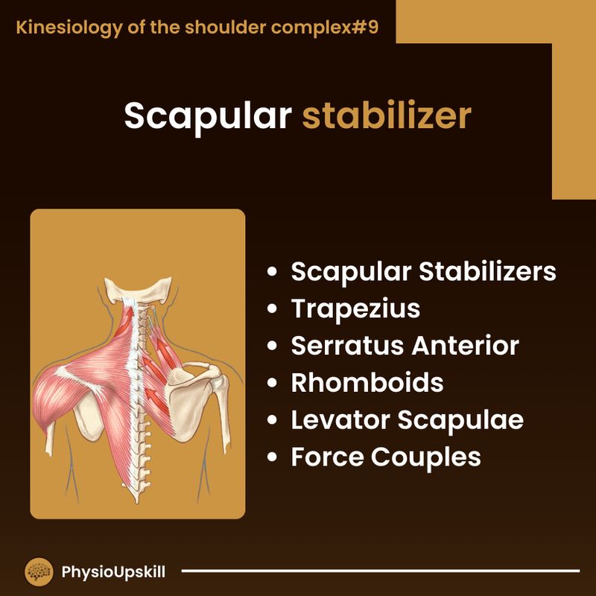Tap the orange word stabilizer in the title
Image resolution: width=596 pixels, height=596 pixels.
(386, 117)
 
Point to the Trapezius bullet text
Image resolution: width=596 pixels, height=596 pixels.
(355, 308)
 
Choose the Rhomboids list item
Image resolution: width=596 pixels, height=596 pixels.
(367, 383)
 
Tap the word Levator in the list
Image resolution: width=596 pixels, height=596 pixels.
(340, 420)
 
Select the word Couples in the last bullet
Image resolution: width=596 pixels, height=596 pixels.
(431, 457)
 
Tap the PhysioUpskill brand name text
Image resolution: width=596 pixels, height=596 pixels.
(113, 572)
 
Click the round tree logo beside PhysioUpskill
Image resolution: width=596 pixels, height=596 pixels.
(39, 572)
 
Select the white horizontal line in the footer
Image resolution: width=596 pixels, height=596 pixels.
(380, 572)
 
